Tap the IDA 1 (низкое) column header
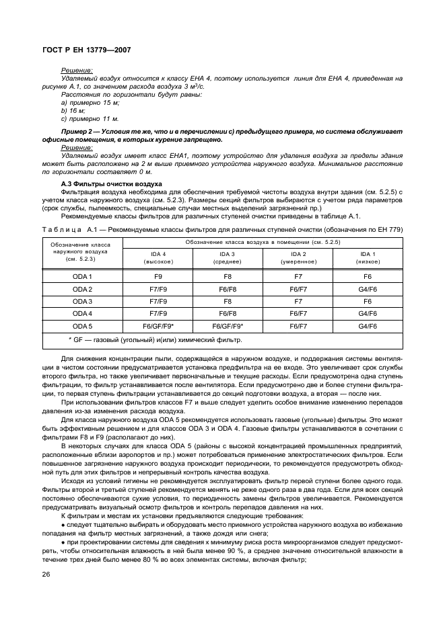368,258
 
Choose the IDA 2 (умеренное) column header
298,258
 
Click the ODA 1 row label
82,277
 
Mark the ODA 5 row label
82,326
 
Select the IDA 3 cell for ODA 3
228,302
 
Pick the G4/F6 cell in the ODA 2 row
368,289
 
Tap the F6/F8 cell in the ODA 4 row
228,314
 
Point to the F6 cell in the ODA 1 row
368,277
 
